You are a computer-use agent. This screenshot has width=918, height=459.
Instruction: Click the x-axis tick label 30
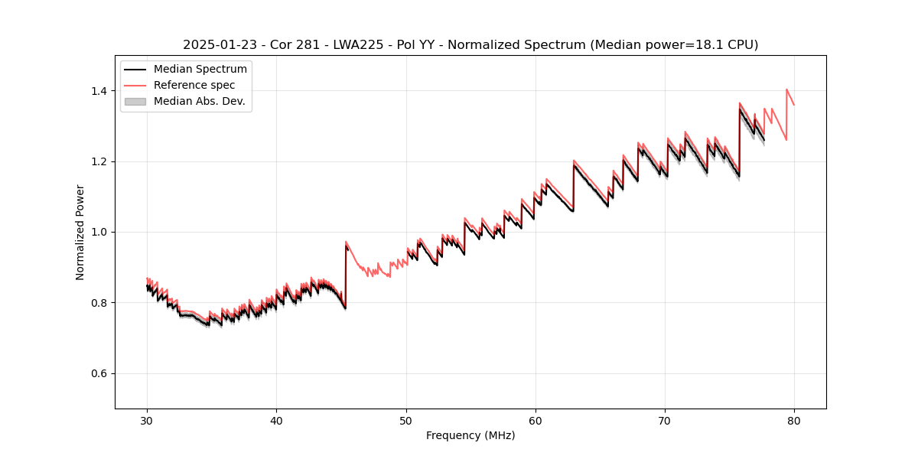pyautogui.click(x=147, y=420)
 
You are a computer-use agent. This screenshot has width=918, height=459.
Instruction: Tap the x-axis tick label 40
pyautogui.click(x=276, y=420)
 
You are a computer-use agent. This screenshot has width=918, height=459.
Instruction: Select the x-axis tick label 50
pyautogui.click(x=405, y=420)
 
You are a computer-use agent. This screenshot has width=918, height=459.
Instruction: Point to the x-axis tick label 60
pyautogui.click(x=535, y=420)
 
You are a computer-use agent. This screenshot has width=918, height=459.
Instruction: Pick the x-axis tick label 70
pyautogui.click(x=665, y=420)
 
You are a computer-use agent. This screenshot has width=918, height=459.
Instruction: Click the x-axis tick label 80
pyautogui.click(x=794, y=420)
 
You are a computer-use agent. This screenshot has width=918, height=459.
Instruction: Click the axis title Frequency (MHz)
pyautogui.click(x=470, y=435)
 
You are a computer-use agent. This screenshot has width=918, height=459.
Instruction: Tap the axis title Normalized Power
pyautogui.click(x=80, y=232)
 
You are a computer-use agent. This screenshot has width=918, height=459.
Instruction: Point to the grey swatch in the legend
pyautogui.click(x=135, y=101)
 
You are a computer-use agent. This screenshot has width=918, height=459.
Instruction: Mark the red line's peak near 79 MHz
pyautogui.click(x=786, y=90)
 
